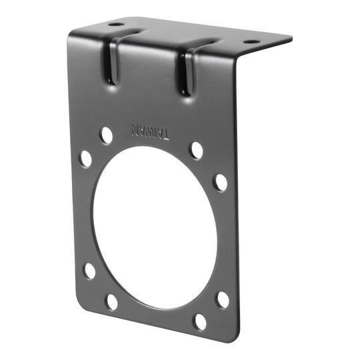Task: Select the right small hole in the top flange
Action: (x=251, y=41)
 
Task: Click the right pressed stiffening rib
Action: (x=185, y=73)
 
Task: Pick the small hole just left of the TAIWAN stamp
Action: (x=105, y=135)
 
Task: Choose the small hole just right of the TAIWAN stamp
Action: (x=196, y=150)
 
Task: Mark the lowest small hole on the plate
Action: (x=199, y=321)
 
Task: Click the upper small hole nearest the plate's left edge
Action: (x=86, y=159)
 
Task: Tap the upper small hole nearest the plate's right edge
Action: (x=220, y=181)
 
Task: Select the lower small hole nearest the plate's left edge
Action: (x=89, y=270)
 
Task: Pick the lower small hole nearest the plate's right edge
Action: (x=223, y=299)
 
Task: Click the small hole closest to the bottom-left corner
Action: (x=111, y=301)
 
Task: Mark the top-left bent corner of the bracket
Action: (x=69, y=33)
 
